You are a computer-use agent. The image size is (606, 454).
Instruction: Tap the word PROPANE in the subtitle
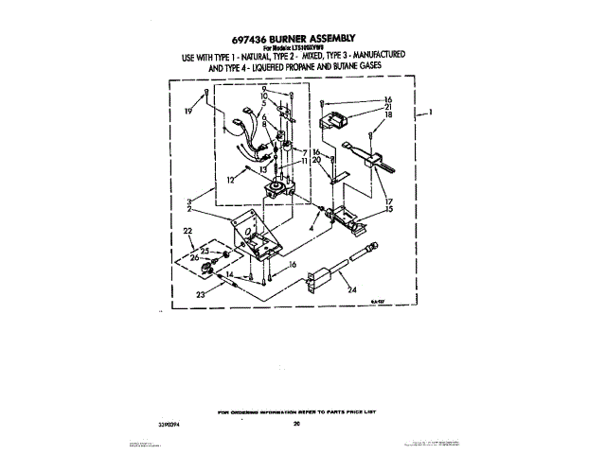(x=313, y=68)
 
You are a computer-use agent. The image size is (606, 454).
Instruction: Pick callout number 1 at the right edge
(x=431, y=113)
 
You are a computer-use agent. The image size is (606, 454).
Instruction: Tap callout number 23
(x=200, y=295)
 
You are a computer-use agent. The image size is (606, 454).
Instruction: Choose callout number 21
(x=386, y=107)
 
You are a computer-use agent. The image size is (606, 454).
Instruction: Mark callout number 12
(x=229, y=180)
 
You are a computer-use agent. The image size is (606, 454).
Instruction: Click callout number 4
(x=312, y=228)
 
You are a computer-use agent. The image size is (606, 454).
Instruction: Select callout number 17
(x=387, y=201)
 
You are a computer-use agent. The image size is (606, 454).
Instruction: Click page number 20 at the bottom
(x=296, y=424)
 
